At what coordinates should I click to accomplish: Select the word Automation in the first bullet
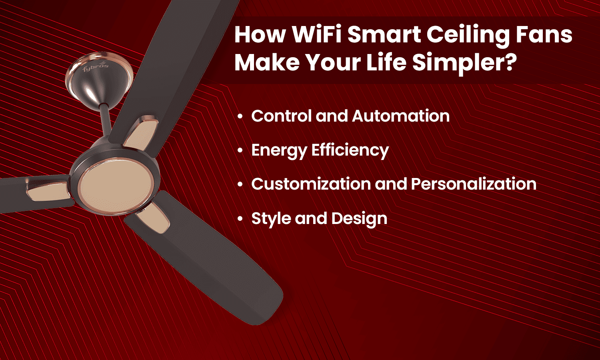(401, 116)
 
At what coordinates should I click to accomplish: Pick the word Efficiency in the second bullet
(350, 151)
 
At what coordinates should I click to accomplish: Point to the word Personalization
(474, 184)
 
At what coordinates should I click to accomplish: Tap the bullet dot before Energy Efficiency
(240, 151)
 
